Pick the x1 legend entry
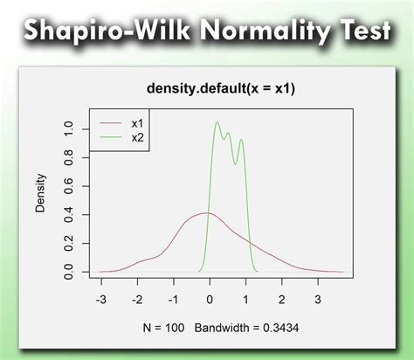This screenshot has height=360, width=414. click(x=137, y=124)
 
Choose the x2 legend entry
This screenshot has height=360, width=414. click(x=137, y=137)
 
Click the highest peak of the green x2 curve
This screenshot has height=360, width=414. click(x=217, y=122)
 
